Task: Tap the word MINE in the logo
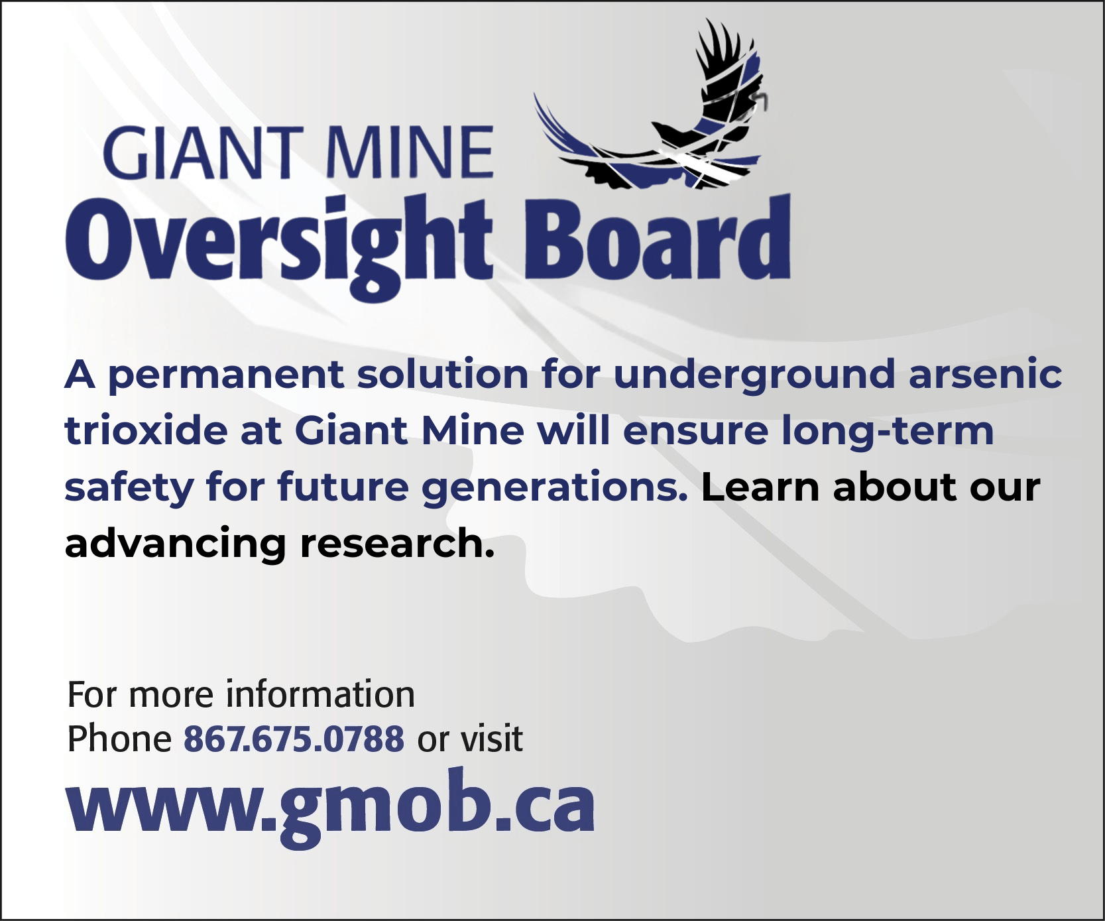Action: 410,153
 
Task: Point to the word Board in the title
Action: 658,237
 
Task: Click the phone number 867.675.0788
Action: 294,739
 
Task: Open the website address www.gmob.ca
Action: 330,807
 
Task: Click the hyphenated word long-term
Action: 888,432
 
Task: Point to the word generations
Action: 555,489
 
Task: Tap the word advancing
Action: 176,545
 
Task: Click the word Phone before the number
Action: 120,739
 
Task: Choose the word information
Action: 321,695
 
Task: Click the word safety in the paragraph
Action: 129,489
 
